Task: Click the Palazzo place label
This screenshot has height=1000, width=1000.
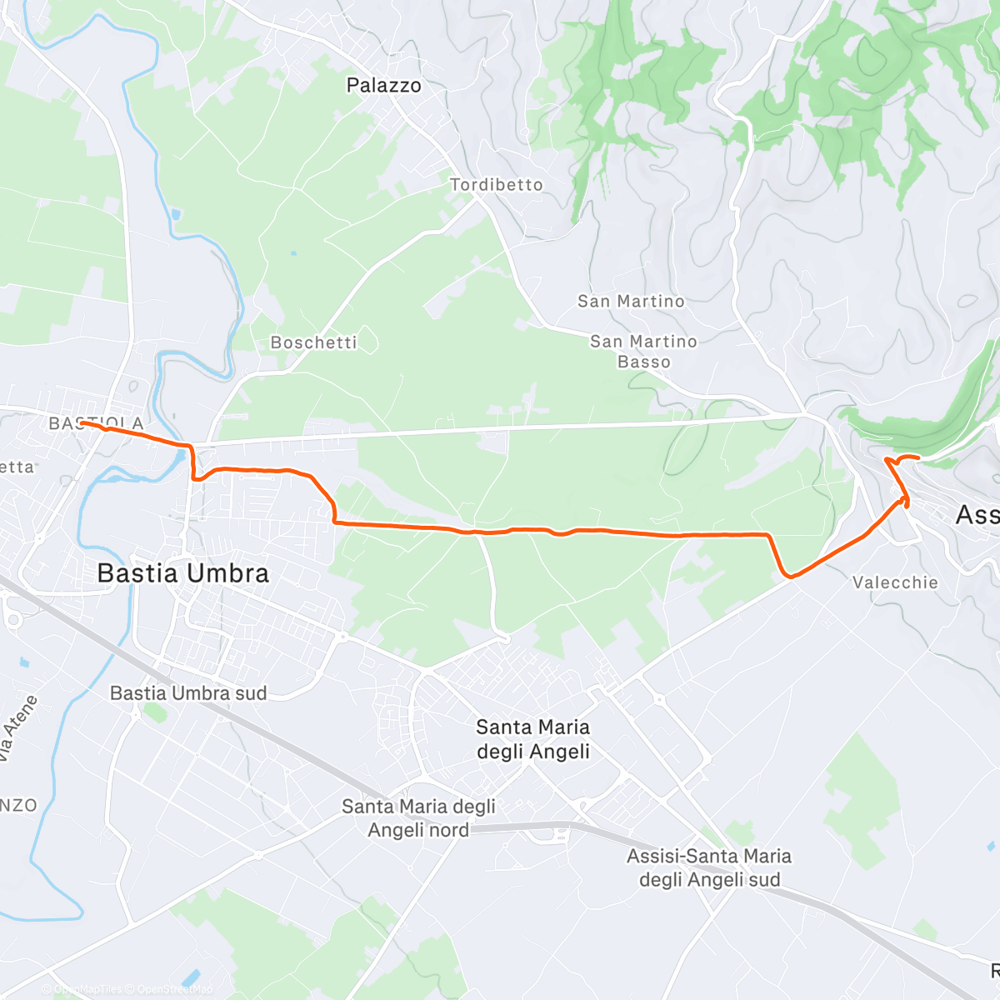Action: coord(383,85)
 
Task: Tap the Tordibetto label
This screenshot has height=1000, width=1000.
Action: coord(496,184)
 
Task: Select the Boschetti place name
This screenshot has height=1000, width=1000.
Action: coord(313,342)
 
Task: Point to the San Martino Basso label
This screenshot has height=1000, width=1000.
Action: coord(643,352)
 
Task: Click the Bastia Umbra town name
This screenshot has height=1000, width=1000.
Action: coord(182,573)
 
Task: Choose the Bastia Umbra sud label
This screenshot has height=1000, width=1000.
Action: coord(188,693)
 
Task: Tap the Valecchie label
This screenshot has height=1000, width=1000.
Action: coord(895,582)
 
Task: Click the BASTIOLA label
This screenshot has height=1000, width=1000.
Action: coord(96,423)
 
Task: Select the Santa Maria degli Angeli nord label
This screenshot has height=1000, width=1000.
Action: coord(418,817)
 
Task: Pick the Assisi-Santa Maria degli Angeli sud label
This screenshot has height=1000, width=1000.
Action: coord(709,867)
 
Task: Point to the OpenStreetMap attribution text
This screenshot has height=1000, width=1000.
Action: coord(174,990)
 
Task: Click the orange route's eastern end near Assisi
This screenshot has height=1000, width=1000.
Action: coord(917,457)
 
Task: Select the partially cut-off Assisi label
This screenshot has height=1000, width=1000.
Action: coord(977,515)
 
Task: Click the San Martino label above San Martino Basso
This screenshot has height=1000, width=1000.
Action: coord(631,301)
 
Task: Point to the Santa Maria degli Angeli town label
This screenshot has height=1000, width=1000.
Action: coord(532,739)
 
